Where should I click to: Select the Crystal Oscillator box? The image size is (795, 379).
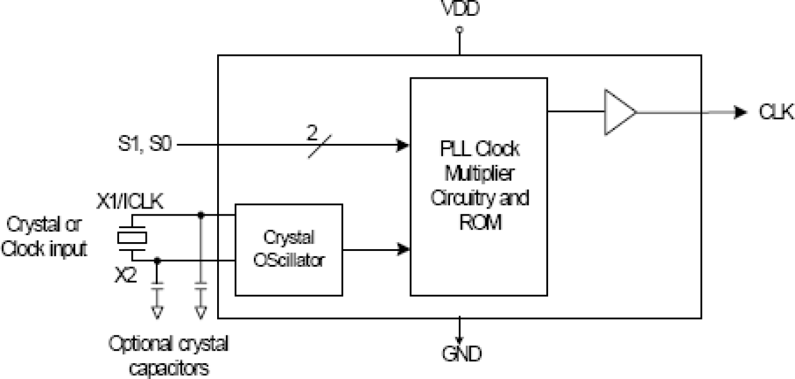click(x=289, y=249)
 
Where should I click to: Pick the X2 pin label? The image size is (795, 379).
click(x=125, y=276)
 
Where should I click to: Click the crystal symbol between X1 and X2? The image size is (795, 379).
click(x=132, y=237)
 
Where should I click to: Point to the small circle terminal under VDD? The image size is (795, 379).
click(x=460, y=29)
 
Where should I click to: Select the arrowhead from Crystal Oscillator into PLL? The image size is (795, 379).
click(x=403, y=249)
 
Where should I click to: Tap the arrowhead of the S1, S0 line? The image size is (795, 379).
click(x=402, y=145)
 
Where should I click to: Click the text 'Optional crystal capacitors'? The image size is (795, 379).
click(x=169, y=355)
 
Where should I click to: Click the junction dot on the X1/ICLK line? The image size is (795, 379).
click(x=201, y=215)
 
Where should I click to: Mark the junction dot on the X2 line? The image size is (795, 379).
click(x=157, y=260)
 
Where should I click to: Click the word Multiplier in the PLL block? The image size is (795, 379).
click(x=479, y=173)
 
